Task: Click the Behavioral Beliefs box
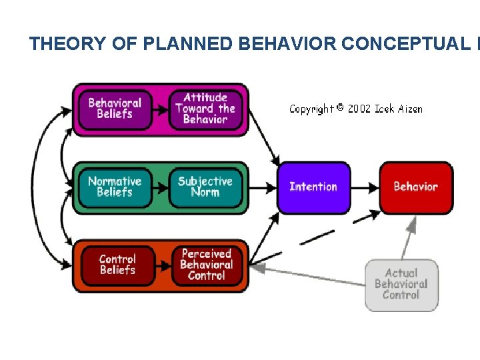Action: click(x=115, y=109)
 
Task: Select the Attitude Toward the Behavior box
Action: click(x=205, y=109)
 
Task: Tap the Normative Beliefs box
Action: click(x=115, y=187)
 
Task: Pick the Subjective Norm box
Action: click(x=205, y=187)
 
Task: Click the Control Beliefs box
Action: click(x=117, y=265)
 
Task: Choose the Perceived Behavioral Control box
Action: click(x=207, y=265)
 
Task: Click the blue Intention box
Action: click(x=313, y=187)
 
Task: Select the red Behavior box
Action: click(x=415, y=187)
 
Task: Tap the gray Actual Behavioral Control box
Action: click(x=401, y=284)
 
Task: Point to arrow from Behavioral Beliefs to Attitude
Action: click(x=161, y=109)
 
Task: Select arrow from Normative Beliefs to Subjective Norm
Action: click(x=161, y=187)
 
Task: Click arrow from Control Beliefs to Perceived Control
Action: click(x=163, y=265)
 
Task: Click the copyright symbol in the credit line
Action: click(x=340, y=107)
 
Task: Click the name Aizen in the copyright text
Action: click(x=408, y=109)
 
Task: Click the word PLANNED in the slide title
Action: click(x=175, y=44)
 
